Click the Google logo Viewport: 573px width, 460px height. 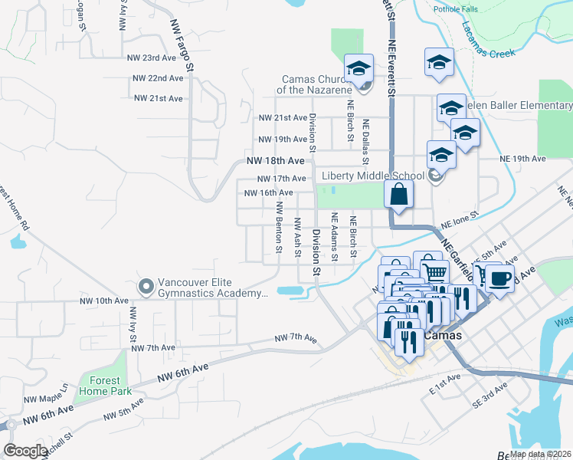coord(25,451)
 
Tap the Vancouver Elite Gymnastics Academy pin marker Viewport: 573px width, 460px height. coord(146,286)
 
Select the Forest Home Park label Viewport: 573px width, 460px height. coord(103,386)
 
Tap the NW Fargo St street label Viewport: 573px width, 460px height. coord(182,48)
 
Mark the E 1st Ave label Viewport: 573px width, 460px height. coord(445,383)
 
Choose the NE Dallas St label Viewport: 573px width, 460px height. coord(365,142)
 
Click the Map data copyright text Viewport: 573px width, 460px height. coord(541,454)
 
